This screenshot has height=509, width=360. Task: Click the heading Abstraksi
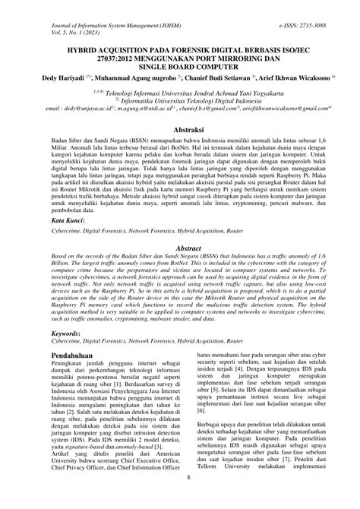[179, 131]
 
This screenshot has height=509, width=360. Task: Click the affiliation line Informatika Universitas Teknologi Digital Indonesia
[182, 100]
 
